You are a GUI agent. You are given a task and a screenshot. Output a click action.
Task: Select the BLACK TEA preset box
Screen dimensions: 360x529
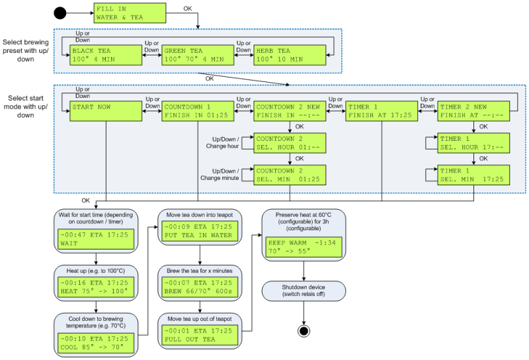tap(104, 54)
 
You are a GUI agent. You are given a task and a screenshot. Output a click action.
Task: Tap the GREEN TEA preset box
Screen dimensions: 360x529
tap(196, 54)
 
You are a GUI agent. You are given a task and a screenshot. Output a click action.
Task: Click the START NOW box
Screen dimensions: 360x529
tap(104, 110)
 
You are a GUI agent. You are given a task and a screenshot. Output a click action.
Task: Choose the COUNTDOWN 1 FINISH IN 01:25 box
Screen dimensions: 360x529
tap(195, 110)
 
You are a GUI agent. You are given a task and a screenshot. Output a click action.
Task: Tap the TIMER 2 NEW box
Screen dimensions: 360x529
tap(474, 110)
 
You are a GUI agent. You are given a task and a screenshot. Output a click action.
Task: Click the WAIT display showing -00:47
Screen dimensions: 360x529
tap(96, 239)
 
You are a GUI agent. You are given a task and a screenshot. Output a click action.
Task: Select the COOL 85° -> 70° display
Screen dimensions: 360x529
tap(96, 340)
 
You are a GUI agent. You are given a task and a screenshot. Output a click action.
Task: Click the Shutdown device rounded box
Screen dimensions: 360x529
tap(304, 291)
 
